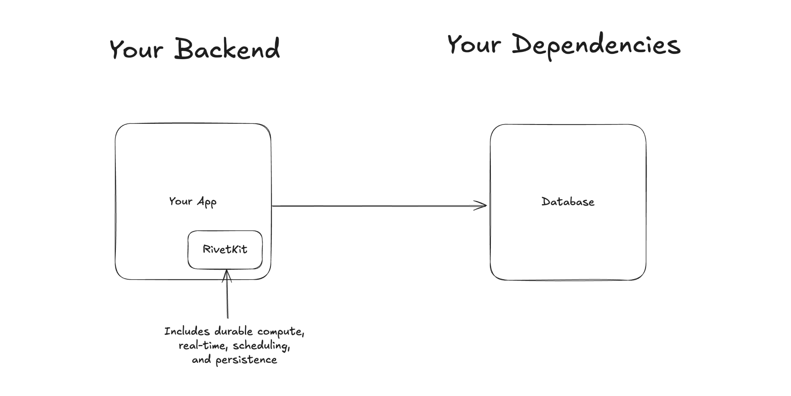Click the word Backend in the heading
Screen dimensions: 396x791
pyautogui.click(x=227, y=49)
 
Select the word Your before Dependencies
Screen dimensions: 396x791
pyautogui.click(x=474, y=45)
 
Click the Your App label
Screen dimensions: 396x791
pyautogui.click(x=193, y=201)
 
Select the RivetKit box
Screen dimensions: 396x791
pyautogui.click(x=225, y=249)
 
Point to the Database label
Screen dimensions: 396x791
pyautogui.click(x=568, y=202)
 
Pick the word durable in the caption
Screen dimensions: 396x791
pyautogui.click(x=233, y=331)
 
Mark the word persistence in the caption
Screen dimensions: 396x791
pyautogui.click(x=246, y=360)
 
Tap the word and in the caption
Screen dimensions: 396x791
pyautogui.click(x=201, y=360)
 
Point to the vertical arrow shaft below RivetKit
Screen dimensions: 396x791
pyautogui.click(x=227, y=302)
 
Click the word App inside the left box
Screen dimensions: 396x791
pyautogui.click(x=207, y=202)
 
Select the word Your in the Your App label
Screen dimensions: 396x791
pyautogui.click(x=180, y=201)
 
